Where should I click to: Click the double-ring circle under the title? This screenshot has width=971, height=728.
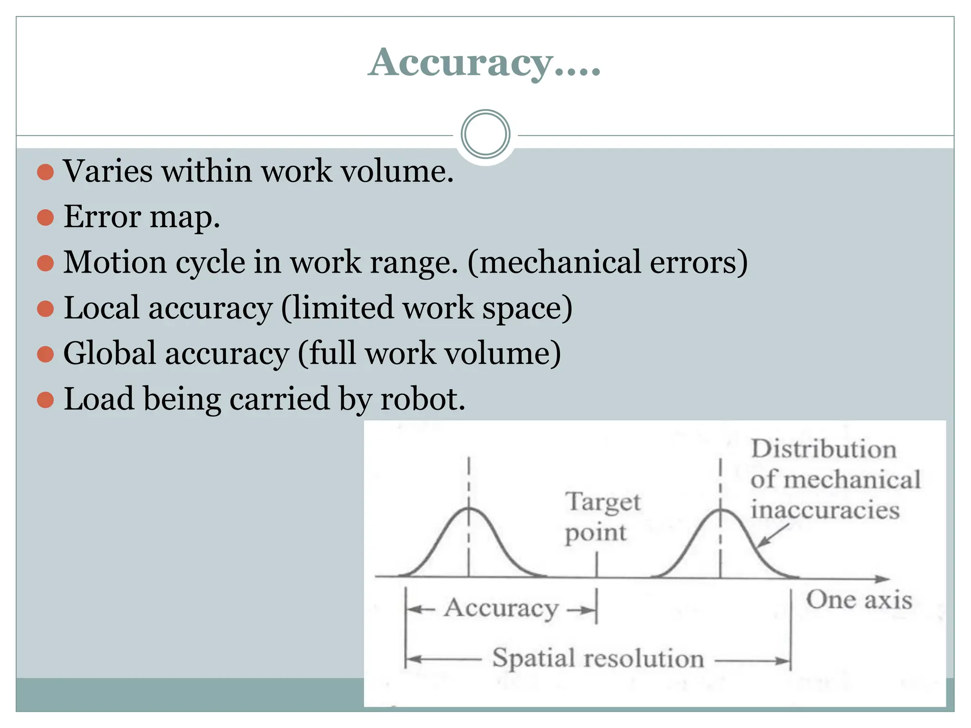point(485,134)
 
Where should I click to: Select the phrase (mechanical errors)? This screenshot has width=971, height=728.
point(607,262)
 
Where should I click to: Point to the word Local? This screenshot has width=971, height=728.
point(101,308)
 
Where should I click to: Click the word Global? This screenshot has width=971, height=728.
point(110,354)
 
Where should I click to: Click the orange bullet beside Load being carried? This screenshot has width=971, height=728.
point(45,400)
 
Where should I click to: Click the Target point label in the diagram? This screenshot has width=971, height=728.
point(601,518)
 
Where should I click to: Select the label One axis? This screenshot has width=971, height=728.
point(859,600)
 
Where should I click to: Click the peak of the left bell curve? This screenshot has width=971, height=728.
point(468,509)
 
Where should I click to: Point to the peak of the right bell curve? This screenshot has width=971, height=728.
point(720,510)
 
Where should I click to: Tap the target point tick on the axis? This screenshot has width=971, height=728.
point(596,566)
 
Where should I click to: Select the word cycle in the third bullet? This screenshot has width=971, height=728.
point(209,262)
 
